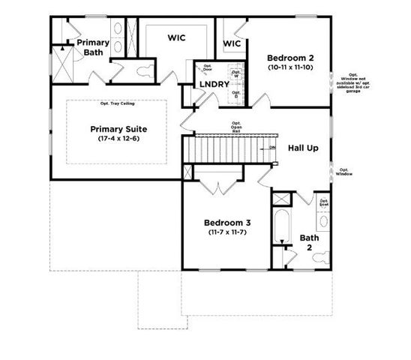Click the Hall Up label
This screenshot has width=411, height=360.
pyautogui.click(x=303, y=148)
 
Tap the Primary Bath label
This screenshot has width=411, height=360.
pyautogui.click(x=93, y=47)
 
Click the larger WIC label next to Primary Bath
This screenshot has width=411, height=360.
pyautogui.click(x=177, y=36)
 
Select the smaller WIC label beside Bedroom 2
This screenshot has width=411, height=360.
pyautogui.click(x=232, y=44)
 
